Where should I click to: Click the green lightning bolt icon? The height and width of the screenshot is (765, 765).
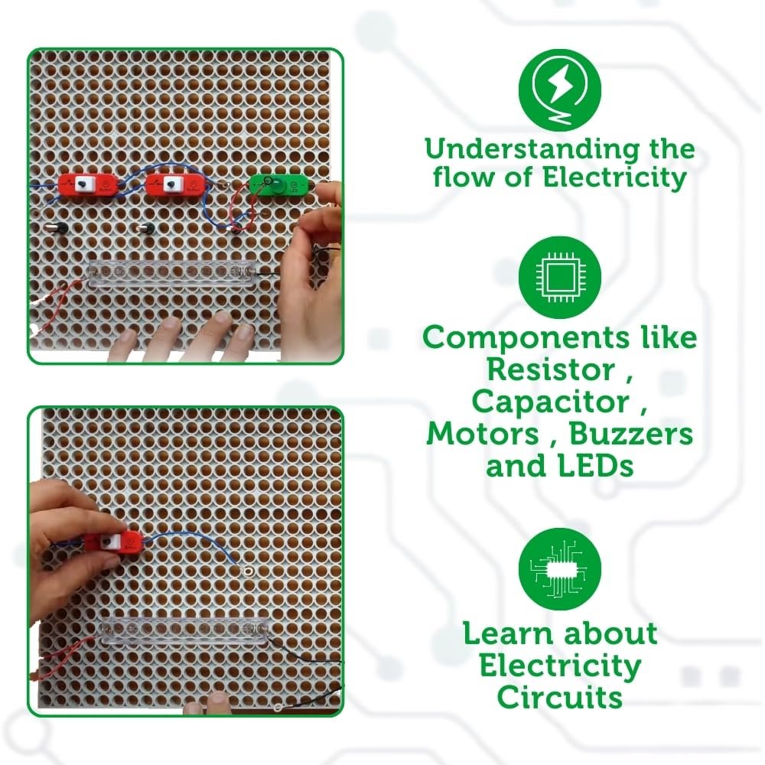coord(560,90)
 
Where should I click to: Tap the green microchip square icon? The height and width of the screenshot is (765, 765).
coord(560,278)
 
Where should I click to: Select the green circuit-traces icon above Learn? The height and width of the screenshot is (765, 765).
coord(560,568)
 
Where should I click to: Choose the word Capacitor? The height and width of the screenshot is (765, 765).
coord(552,402)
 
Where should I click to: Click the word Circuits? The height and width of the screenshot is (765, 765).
coord(560,697)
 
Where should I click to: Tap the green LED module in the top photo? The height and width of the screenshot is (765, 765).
coord(278,185)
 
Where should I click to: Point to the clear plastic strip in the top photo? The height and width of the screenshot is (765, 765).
coord(172,272)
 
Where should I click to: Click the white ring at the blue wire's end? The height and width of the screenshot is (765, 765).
coord(247,570)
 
